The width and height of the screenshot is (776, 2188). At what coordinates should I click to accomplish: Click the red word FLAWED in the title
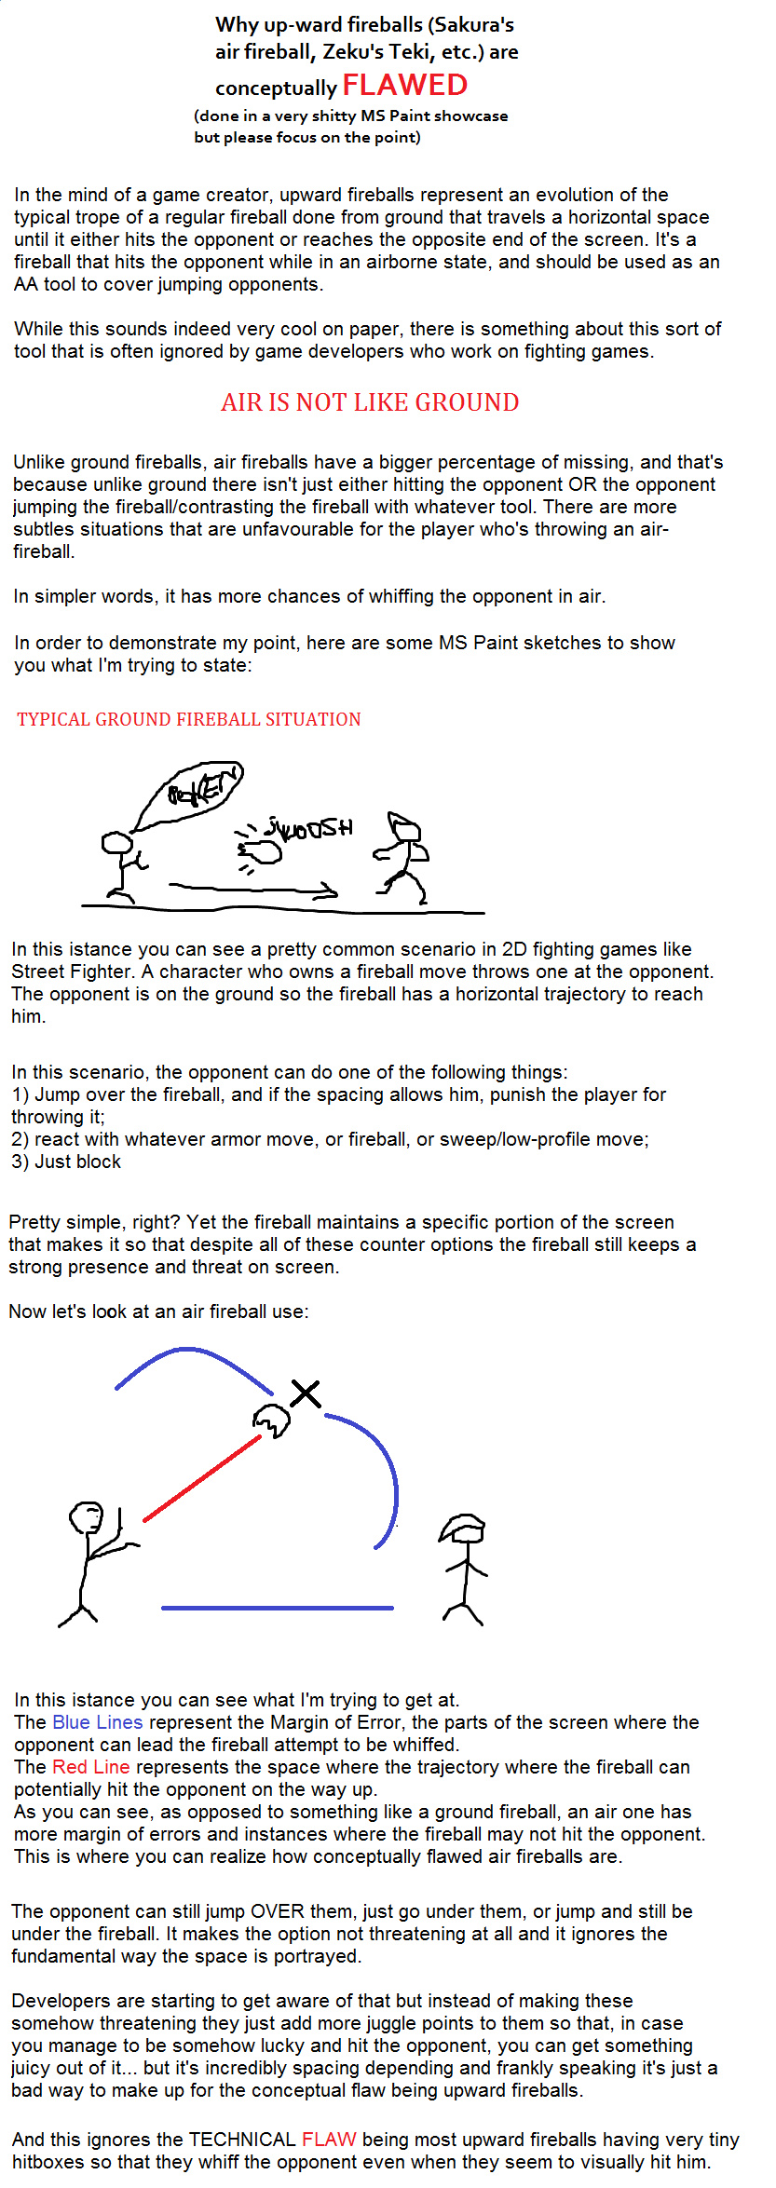(x=404, y=86)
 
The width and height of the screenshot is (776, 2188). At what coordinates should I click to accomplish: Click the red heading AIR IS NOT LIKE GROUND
(x=370, y=402)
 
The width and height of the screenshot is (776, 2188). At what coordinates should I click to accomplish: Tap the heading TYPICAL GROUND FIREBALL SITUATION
(x=189, y=719)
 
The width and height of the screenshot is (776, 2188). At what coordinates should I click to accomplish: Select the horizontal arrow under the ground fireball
(x=252, y=890)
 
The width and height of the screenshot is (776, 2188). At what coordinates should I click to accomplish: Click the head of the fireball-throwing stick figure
(x=117, y=843)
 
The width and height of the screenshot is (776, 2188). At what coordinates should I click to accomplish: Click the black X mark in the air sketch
(x=306, y=1393)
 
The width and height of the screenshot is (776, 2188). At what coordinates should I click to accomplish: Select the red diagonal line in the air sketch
(x=202, y=1479)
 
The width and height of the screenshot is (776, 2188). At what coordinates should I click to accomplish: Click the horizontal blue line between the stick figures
(x=277, y=1608)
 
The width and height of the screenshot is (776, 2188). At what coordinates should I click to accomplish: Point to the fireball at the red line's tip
(x=271, y=1420)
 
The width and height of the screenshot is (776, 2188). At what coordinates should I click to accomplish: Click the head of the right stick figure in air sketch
(x=463, y=1529)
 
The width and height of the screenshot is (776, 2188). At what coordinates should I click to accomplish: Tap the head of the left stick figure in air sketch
(x=87, y=1517)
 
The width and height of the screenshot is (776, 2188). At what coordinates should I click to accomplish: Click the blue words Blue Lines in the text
(x=98, y=1722)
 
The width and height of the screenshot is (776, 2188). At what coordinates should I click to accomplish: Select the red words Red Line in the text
(x=91, y=1767)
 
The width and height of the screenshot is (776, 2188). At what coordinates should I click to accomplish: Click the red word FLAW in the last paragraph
(x=329, y=2140)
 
